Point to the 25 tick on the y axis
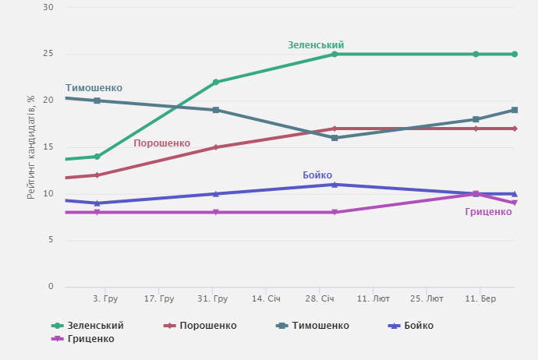tap(48, 54)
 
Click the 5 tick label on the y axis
tap(51, 240)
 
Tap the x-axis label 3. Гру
tap(105, 299)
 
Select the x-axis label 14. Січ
tap(266, 299)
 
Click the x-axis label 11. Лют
tap(373, 299)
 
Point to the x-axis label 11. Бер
tap(480, 299)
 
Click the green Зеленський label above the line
tap(316, 45)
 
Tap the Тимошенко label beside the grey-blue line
tap(94, 88)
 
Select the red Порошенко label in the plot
tap(161, 143)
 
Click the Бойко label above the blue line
tap(317, 175)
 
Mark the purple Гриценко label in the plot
tap(488, 212)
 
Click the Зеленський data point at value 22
tap(216, 82)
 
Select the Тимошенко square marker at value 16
tap(334, 138)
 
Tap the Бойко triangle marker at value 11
tap(334, 184)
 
